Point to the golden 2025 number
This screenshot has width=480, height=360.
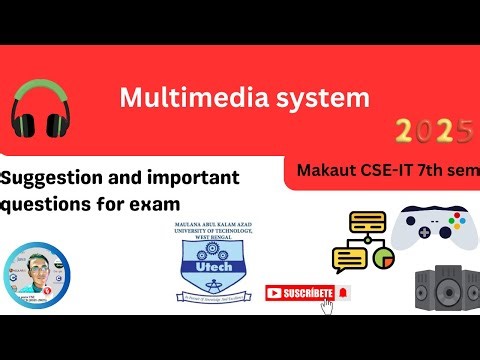point(433,131)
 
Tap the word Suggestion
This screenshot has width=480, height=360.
point(52,179)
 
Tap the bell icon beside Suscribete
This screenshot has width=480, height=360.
point(343,292)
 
